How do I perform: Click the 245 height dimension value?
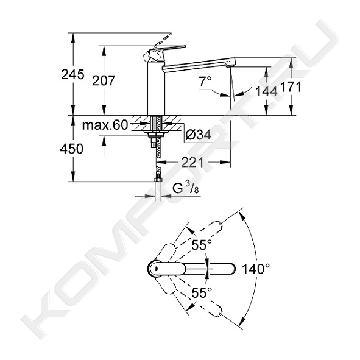click(72, 74)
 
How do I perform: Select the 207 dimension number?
click(104, 80)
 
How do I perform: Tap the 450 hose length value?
click(72, 149)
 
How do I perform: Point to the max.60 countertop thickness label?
click(105, 125)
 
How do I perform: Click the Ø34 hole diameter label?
click(198, 135)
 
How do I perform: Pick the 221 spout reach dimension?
click(192, 162)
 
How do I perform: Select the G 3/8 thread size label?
click(186, 189)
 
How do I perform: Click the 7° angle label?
click(205, 82)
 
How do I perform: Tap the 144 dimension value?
click(266, 91)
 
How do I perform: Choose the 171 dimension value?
click(291, 87)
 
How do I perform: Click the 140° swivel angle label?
click(256, 269)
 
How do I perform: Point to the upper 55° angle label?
click(202, 245)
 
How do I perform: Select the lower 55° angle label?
click(202, 292)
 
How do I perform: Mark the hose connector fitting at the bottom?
click(158, 180)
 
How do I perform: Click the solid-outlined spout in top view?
click(192, 269)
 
